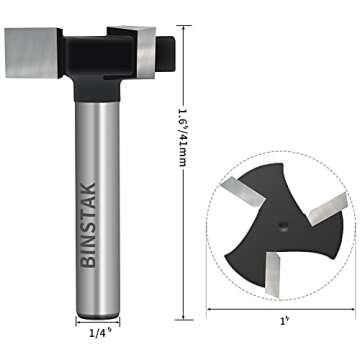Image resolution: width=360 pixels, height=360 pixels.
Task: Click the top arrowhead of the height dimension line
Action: [182, 25]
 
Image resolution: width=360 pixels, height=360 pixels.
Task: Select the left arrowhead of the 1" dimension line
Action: [211, 308]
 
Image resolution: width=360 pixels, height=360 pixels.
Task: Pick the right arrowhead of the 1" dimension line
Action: [353, 308]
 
